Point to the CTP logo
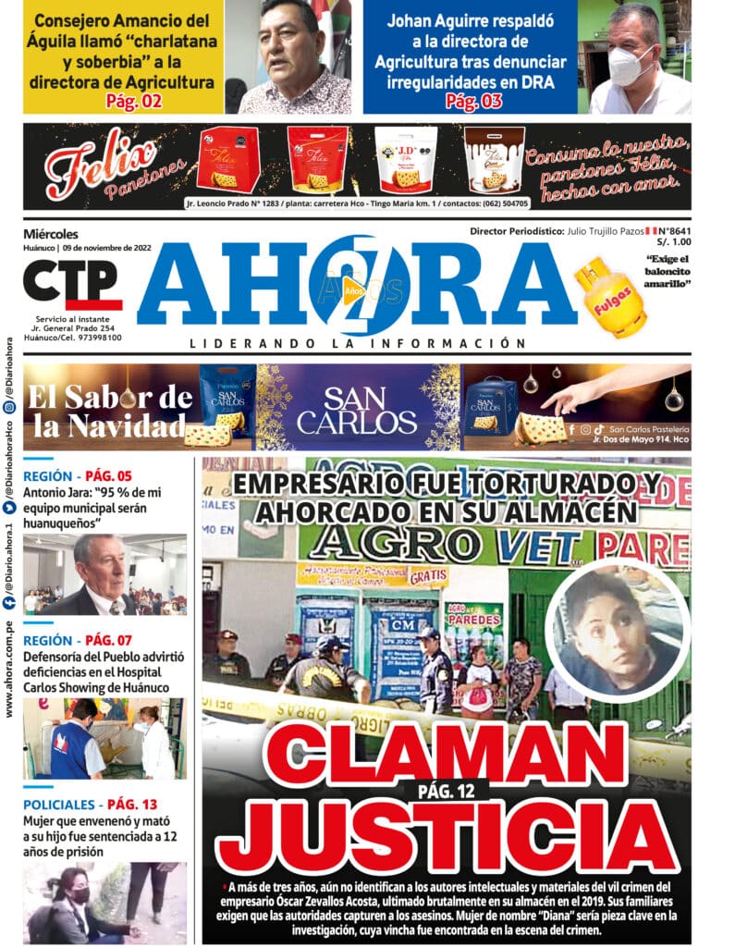pyautogui.click(x=72, y=284)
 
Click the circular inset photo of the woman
pyautogui.click(x=617, y=629)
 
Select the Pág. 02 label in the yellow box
pyautogui.click(x=133, y=102)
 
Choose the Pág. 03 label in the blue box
pyautogui.click(x=473, y=102)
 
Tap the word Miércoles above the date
pyautogui.click(x=51, y=234)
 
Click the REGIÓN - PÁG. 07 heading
pyautogui.click(x=79, y=640)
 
